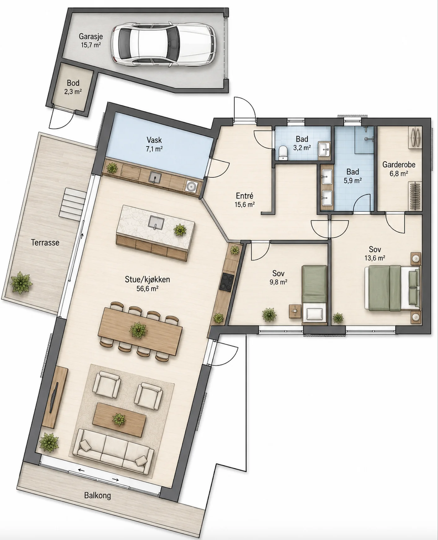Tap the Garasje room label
91,37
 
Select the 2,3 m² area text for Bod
74,92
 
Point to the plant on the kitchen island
180,230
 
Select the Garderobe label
399,164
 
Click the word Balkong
97,495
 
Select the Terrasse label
45,242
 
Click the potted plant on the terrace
22,282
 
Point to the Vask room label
154,140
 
